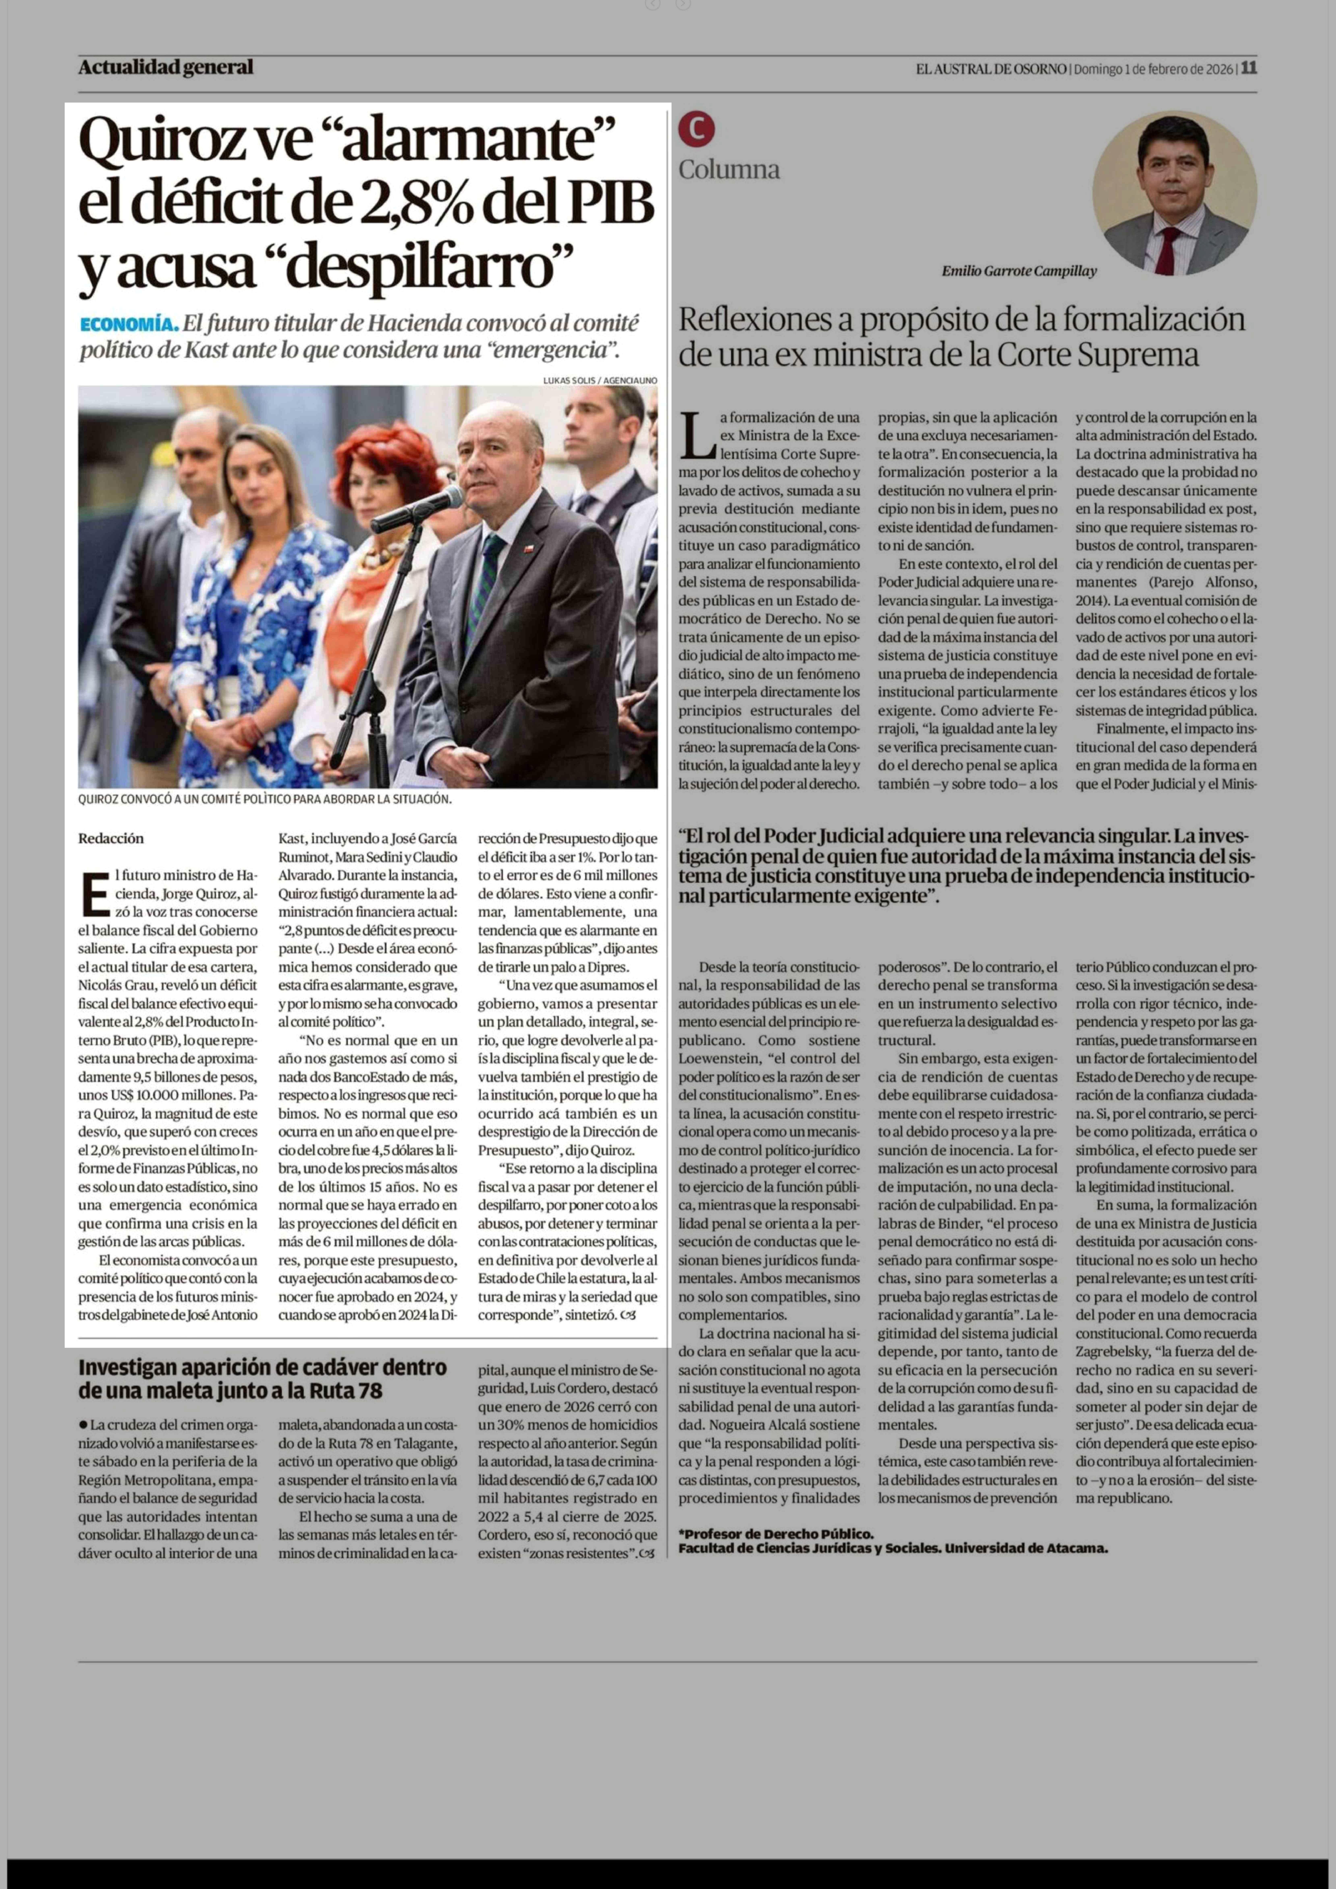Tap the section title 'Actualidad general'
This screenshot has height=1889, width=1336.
click(165, 68)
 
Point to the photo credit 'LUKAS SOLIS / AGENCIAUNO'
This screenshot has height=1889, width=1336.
click(600, 380)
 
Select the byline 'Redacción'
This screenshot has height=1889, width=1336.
click(111, 838)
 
